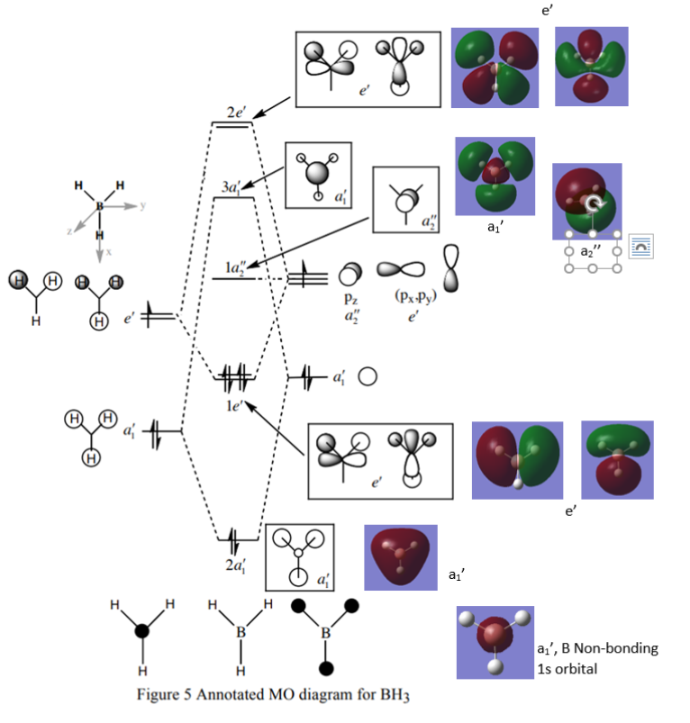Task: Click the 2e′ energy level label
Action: click(238, 113)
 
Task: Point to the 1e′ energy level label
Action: click(237, 403)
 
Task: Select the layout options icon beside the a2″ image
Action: click(641, 244)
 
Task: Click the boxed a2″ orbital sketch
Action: click(405, 200)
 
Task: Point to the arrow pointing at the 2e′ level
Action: click(274, 107)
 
